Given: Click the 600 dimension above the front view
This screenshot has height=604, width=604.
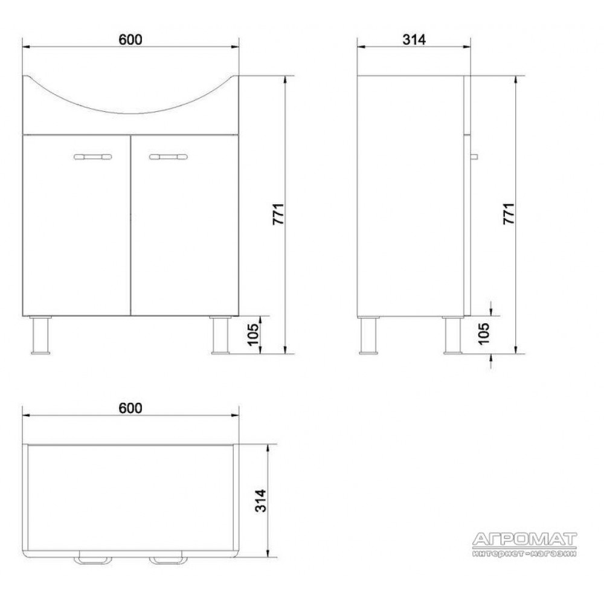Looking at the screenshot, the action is coord(130,40).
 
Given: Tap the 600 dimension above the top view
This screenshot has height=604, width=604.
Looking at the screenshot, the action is coord(130,408).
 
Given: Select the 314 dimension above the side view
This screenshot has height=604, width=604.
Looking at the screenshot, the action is coord(414,40).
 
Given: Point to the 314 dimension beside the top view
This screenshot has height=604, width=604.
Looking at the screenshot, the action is coord(261,501).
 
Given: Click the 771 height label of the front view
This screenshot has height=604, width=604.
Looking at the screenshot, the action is coord(278,214).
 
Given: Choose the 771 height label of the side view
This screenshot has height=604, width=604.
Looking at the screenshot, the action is coord(509,214).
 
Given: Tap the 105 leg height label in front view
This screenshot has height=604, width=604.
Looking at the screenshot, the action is coord(253,335).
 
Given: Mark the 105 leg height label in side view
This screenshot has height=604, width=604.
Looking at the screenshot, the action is coord(483,333).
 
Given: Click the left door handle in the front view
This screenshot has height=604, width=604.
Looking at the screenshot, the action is coord(92,157).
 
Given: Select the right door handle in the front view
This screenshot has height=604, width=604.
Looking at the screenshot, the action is coord(169,157).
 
